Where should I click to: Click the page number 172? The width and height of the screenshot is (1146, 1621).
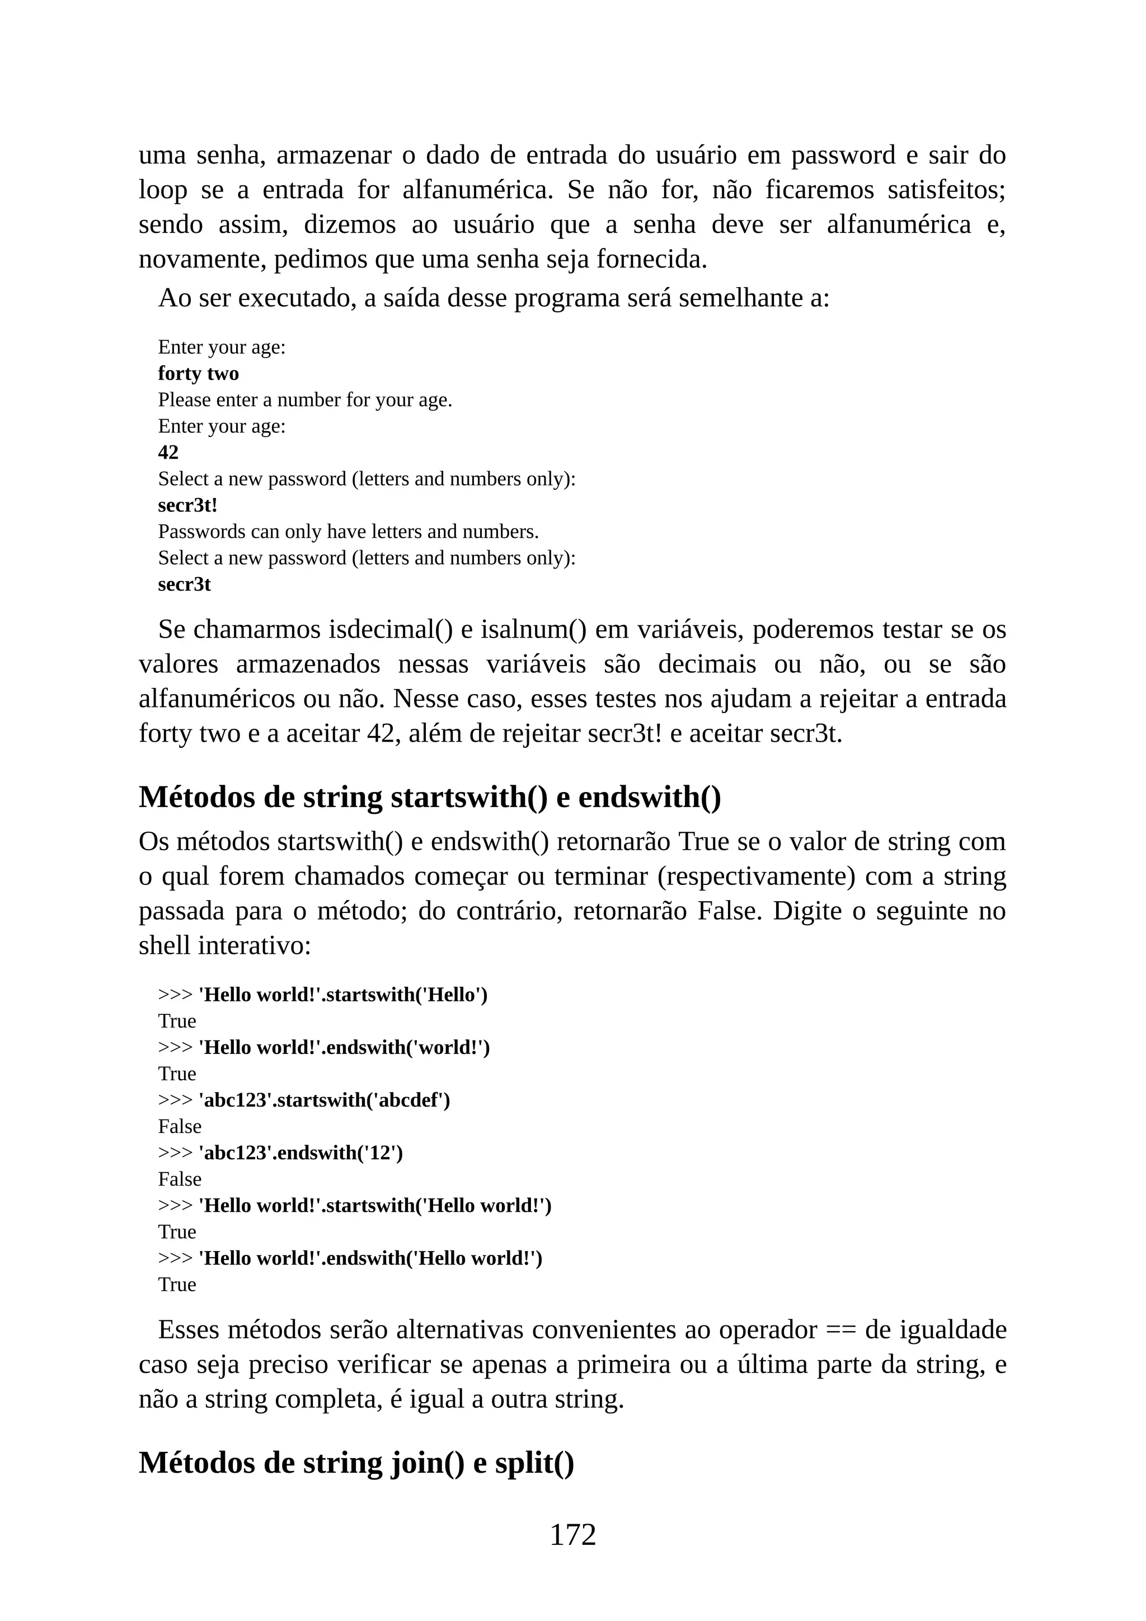point(572,1534)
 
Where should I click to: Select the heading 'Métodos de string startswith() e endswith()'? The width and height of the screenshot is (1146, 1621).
point(430,797)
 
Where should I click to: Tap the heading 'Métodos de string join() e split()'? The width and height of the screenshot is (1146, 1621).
point(356,1462)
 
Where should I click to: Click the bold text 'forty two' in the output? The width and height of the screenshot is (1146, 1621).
point(198,373)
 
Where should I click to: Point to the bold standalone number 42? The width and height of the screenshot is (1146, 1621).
point(168,453)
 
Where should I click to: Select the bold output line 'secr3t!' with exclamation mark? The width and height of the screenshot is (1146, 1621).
point(187,505)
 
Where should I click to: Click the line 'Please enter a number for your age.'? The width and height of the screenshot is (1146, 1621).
point(305,400)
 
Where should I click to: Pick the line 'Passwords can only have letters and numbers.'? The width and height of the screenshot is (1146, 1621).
point(348,532)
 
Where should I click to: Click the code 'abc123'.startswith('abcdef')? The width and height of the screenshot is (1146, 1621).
point(324,1100)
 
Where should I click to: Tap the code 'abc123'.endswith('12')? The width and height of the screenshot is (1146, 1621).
point(300,1153)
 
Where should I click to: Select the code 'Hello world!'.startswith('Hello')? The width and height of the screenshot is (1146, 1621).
point(343,995)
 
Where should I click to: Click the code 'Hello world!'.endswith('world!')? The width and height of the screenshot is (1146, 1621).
point(344,1048)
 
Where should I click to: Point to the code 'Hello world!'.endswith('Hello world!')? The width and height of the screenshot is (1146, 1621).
point(370,1258)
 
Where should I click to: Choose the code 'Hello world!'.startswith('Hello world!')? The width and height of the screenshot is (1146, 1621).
point(375,1205)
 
